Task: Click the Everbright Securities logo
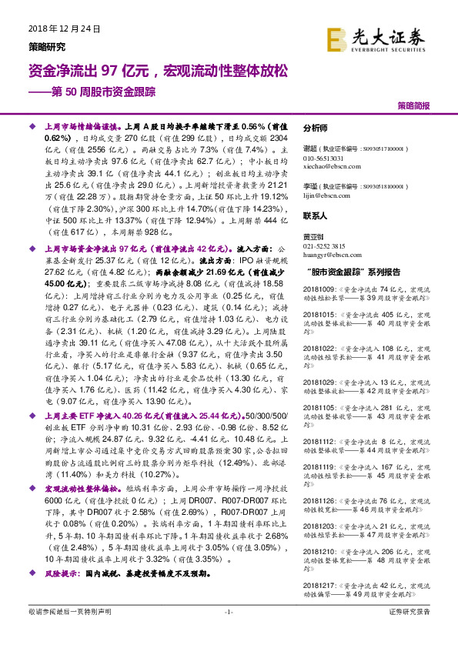(x=376, y=38)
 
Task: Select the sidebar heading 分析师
(x=316, y=129)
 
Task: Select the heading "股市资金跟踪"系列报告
(x=353, y=272)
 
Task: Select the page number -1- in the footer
(x=228, y=611)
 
